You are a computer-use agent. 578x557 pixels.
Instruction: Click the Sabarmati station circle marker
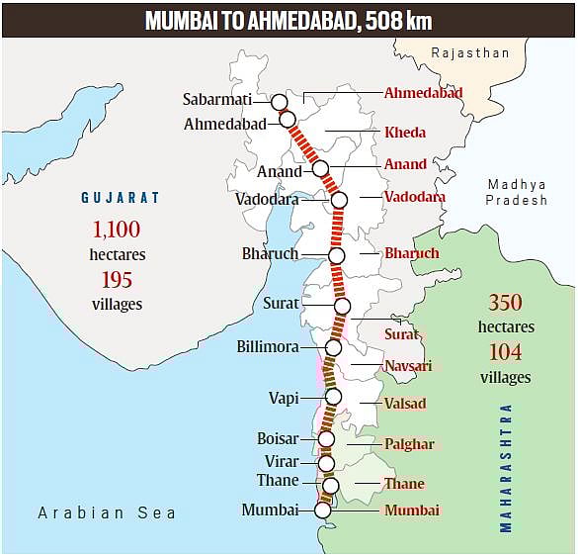point(279,102)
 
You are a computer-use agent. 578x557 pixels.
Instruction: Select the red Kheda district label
point(405,133)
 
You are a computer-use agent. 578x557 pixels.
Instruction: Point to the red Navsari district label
point(408,366)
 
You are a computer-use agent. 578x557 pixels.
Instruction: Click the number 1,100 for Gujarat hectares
point(117,231)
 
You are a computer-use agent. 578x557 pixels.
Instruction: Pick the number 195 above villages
point(117,280)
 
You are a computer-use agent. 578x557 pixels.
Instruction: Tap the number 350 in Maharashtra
point(505,303)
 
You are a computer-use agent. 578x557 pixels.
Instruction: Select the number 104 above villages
point(505,352)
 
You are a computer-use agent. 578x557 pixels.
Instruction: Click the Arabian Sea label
point(107,512)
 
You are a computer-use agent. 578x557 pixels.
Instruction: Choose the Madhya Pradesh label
point(517,192)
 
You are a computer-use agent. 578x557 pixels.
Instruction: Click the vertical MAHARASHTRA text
point(507,467)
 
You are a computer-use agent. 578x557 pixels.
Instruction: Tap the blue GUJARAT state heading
point(121,198)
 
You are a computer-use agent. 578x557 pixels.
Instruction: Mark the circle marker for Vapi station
point(333,397)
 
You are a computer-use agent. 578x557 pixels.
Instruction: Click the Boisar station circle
point(326,439)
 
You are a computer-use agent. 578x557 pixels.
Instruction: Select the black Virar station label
point(282,461)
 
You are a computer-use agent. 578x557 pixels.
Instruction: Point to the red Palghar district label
point(409,444)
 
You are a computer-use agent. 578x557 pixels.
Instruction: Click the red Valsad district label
point(406,404)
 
